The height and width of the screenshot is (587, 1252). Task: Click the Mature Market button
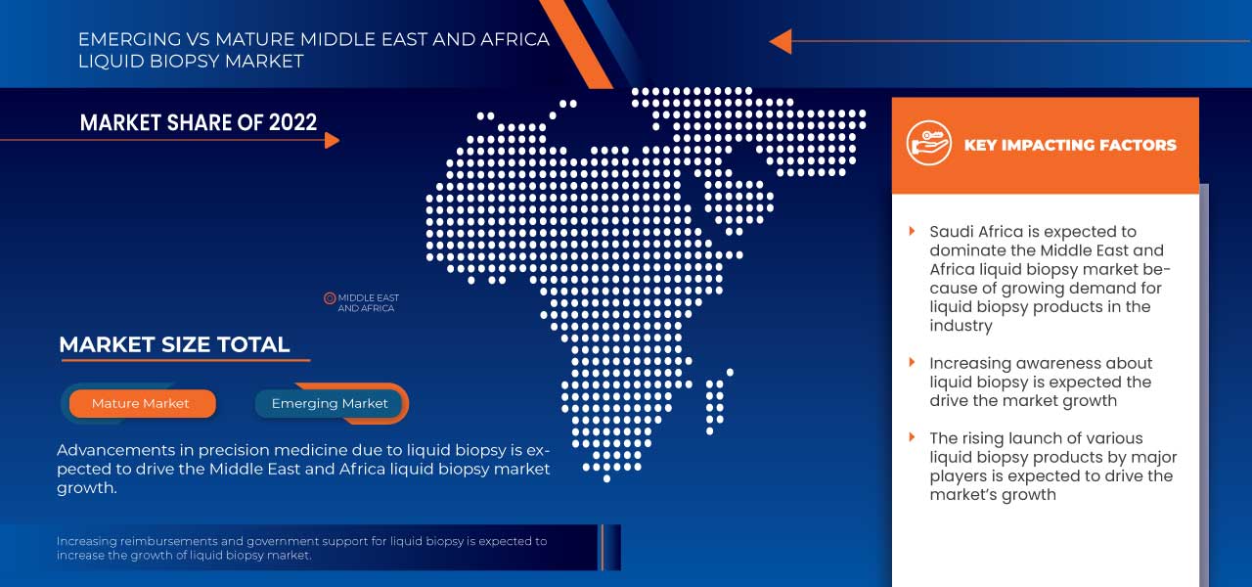(x=141, y=403)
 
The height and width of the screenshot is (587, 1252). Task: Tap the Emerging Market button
(x=330, y=403)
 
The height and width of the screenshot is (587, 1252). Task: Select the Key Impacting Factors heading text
(x=1070, y=145)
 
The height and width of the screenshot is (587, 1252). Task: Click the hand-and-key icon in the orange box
(x=928, y=144)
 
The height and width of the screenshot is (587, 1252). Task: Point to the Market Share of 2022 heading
(x=199, y=122)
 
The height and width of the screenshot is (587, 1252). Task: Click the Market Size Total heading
(x=174, y=344)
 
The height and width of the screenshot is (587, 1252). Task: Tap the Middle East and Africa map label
(x=368, y=303)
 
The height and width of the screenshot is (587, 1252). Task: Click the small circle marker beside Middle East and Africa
(x=330, y=297)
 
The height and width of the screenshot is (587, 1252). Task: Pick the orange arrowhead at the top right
(x=781, y=41)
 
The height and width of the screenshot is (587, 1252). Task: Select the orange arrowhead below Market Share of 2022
(x=332, y=140)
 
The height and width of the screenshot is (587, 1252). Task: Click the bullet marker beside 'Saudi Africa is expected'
(x=913, y=232)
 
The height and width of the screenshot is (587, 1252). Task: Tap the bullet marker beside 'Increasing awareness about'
(x=913, y=363)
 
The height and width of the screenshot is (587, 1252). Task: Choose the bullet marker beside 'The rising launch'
(x=913, y=438)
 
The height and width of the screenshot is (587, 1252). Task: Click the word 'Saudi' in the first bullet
(x=952, y=232)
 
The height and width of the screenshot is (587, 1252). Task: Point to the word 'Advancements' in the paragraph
(x=111, y=450)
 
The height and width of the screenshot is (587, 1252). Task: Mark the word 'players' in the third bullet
(x=957, y=476)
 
